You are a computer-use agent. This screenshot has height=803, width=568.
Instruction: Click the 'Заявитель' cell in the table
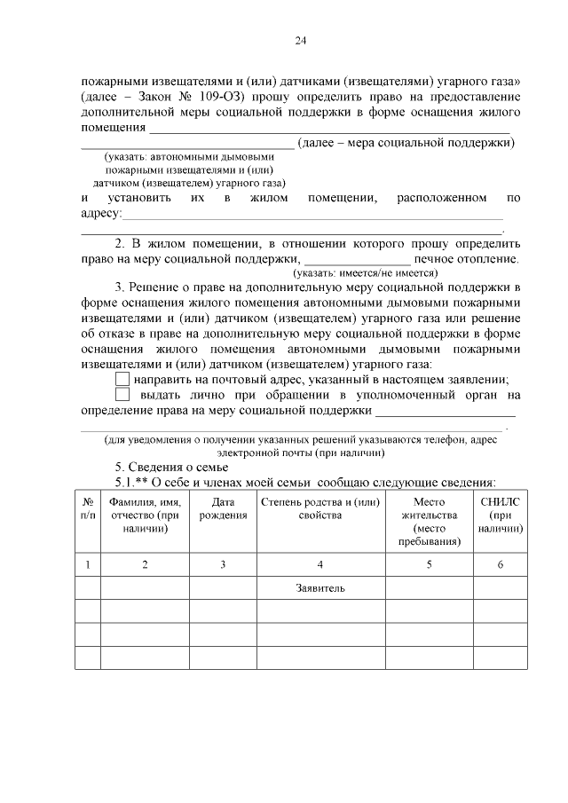point(320,587)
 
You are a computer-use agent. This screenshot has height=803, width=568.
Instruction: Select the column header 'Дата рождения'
point(223,509)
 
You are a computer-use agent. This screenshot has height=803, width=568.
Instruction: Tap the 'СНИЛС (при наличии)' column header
point(501,515)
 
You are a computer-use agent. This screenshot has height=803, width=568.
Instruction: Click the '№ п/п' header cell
point(87,508)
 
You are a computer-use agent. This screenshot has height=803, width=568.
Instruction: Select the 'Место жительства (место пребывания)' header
point(428,521)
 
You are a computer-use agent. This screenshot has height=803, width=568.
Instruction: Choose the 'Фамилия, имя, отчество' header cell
point(144,515)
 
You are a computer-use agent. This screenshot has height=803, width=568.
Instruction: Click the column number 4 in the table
point(320,564)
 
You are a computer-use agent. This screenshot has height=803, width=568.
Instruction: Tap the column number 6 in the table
point(501,564)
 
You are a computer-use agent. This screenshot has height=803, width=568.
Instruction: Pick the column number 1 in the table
point(87,564)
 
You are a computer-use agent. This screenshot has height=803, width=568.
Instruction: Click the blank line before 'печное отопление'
point(358,260)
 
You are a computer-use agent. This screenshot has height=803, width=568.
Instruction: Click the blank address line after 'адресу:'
point(311,216)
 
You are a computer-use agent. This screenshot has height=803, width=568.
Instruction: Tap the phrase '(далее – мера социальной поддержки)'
point(406,142)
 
